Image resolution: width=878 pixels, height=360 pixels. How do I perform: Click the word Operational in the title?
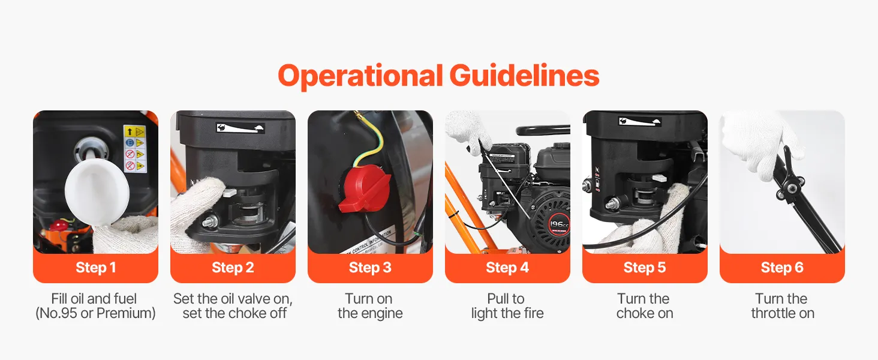pyautogui.click(x=360, y=76)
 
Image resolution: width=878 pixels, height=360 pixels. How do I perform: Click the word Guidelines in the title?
pyautogui.click(x=524, y=75)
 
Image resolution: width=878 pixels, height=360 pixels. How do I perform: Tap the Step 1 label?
pyautogui.click(x=95, y=268)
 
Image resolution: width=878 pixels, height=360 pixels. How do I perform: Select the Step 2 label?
pyautogui.click(x=233, y=268)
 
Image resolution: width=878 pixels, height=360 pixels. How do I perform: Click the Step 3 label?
pyautogui.click(x=370, y=268)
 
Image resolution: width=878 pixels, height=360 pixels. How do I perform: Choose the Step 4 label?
pyautogui.click(x=507, y=268)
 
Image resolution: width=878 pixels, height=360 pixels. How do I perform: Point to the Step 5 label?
pyautogui.click(x=645, y=268)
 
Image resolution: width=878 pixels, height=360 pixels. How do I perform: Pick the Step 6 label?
pyautogui.click(x=782, y=268)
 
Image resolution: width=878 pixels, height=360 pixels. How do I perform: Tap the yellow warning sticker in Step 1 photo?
pyautogui.click(x=135, y=149)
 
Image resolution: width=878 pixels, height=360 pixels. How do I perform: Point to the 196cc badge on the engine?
pyautogui.click(x=558, y=225)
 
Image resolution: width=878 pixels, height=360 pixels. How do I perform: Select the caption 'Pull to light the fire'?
pyautogui.click(x=507, y=306)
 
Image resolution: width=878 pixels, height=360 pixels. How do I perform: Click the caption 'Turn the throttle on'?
pyautogui.click(x=783, y=306)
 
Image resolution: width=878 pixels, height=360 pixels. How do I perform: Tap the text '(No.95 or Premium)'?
pyautogui.click(x=95, y=313)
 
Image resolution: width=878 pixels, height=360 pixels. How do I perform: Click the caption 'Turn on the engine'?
pyautogui.click(x=370, y=306)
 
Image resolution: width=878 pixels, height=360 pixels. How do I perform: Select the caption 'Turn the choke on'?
pyautogui.click(x=645, y=306)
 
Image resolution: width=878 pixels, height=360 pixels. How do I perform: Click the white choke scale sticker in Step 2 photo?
pyautogui.click(x=240, y=128)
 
